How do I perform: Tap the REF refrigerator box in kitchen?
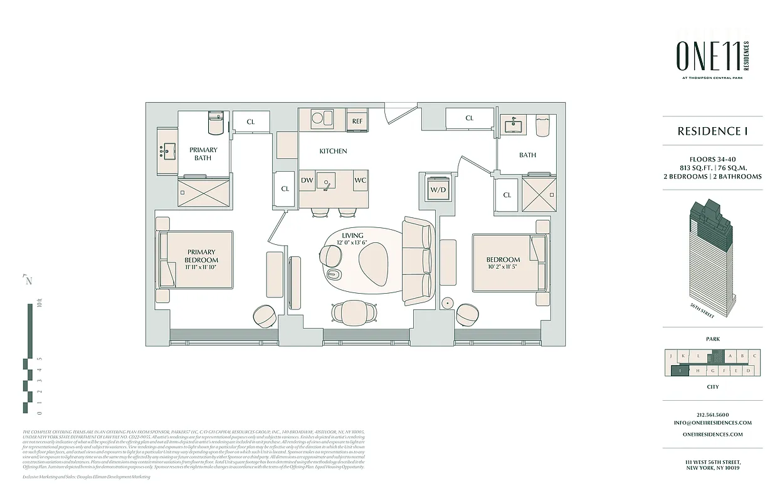357,121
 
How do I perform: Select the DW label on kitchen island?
307,180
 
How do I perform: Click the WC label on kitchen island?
360,180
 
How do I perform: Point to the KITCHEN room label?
333,151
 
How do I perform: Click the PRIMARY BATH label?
203,154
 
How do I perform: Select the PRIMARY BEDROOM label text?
201,256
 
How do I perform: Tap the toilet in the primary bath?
215,124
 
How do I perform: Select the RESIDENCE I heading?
712,132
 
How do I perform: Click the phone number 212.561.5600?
713,415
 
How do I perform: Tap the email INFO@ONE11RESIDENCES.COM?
713,423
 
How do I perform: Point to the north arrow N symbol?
28,281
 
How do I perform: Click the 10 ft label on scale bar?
39,305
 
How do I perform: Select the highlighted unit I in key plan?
680,371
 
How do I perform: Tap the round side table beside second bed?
448,303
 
